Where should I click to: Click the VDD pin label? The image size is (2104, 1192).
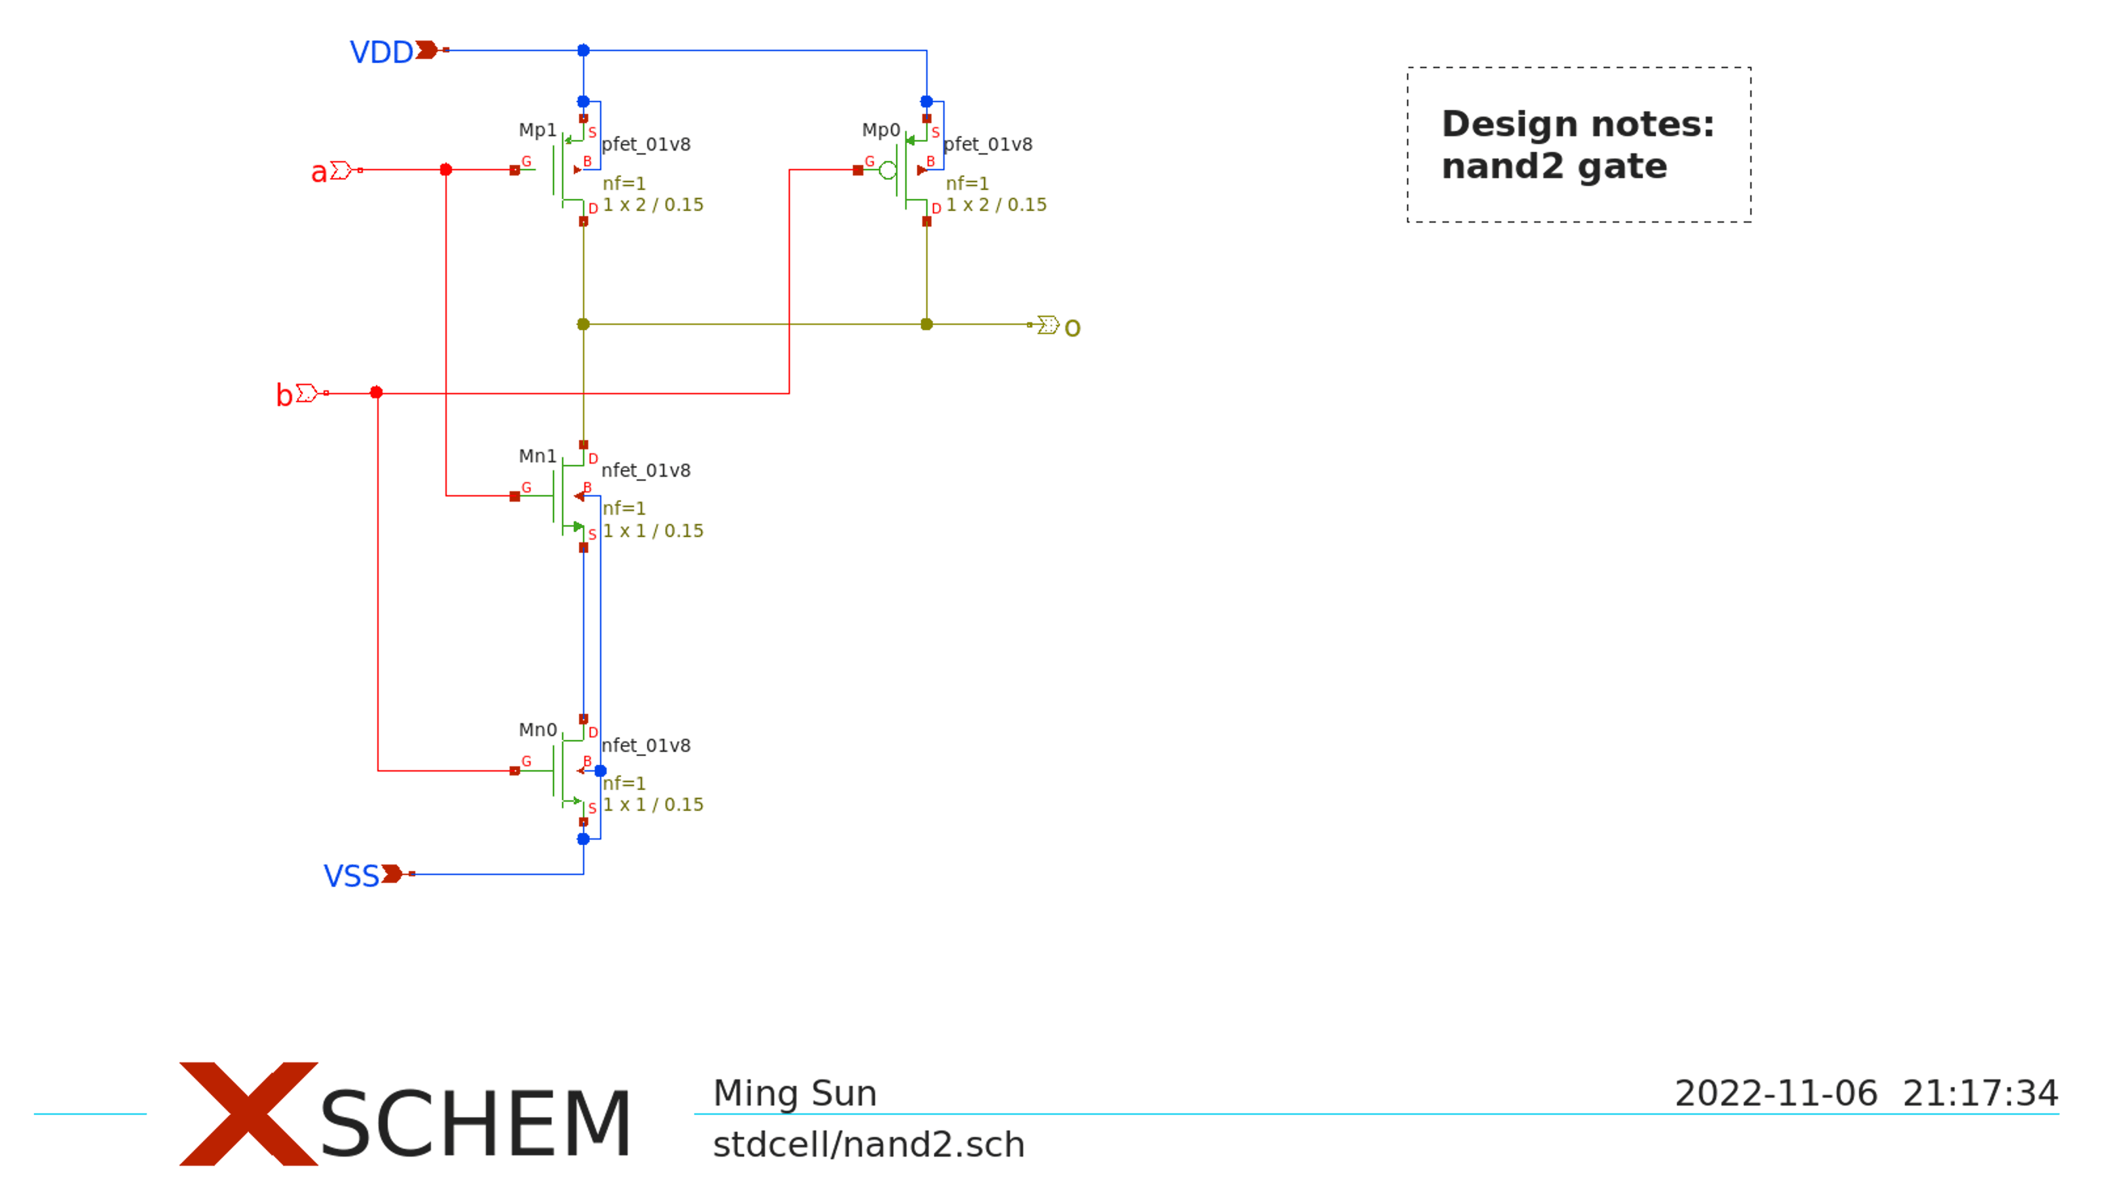(381, 52)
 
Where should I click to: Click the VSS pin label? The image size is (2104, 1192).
(351, 876)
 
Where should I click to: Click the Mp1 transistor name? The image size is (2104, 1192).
(537, 130)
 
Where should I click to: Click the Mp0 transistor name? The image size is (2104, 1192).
(881, 130)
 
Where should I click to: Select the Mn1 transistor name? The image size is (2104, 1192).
(537, 456)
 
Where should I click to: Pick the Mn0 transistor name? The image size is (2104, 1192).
(537, 730)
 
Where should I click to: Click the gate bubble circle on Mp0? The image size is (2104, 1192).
(888, 170)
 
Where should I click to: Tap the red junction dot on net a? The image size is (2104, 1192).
(446, 170)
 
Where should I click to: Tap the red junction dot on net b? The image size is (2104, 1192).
(377, 393)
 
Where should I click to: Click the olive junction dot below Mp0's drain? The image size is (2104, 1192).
(927, 325)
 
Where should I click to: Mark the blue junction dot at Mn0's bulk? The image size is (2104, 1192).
(601, 772)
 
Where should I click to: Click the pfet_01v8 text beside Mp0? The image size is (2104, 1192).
(988, 145)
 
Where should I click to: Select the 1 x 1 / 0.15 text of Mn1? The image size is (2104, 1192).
(653, 531)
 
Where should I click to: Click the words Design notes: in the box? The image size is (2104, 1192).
(1577, 124)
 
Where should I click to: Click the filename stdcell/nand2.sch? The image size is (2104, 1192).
(869, 1145)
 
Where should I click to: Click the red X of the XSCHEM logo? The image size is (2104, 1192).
(248, 1114)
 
